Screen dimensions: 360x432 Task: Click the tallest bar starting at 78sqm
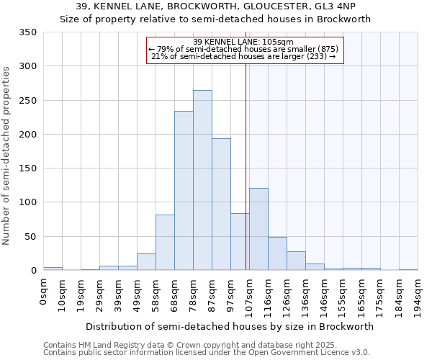point(202,180)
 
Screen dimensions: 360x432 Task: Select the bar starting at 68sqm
point(184,191)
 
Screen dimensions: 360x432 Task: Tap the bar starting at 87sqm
point(221,204)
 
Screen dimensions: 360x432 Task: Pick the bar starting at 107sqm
point(258,229)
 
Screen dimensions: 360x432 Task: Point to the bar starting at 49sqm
point(146,262)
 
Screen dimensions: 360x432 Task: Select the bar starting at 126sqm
point(296,261)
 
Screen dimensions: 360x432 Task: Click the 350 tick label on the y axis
point(27,32)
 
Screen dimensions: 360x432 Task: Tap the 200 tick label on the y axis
point(27,135)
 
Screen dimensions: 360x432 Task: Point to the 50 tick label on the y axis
point(30,236)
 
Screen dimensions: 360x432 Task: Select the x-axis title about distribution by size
point(230,326)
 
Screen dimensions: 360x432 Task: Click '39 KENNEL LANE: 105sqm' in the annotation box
point(244,42)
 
